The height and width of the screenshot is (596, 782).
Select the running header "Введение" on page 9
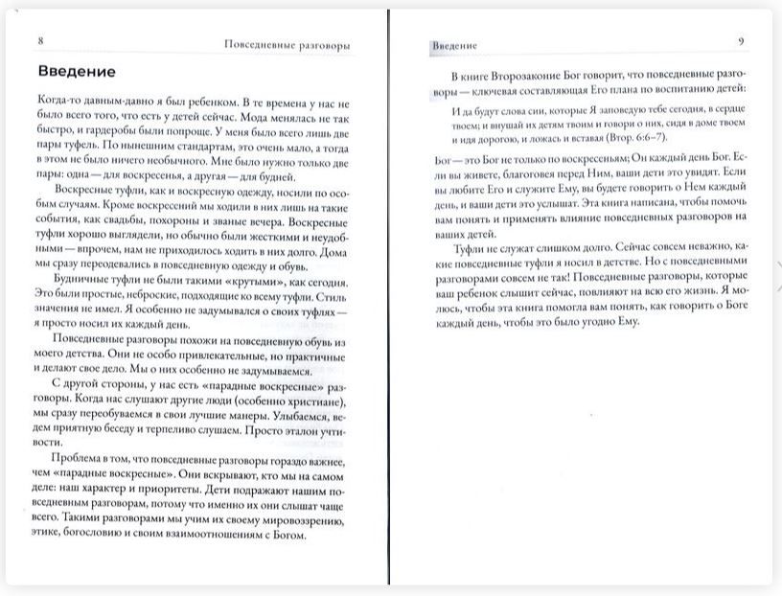coord(454,45)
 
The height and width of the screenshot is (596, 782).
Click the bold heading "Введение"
coord(78,72)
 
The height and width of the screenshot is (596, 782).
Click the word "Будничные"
coord(84,269)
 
